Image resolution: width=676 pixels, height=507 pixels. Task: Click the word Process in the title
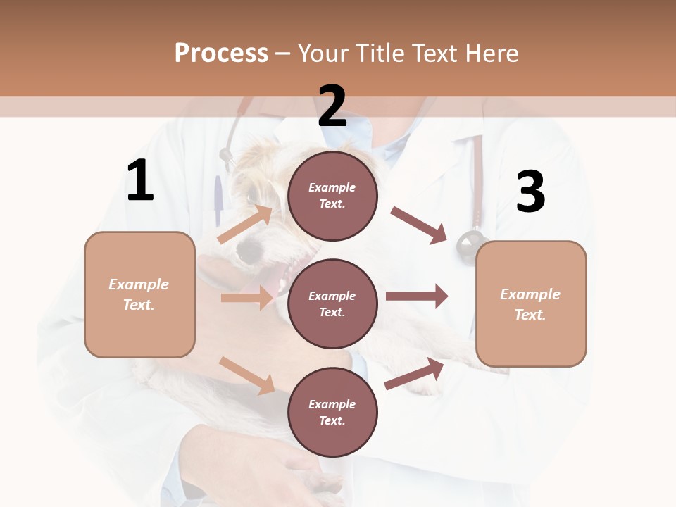click(x=221, y=53)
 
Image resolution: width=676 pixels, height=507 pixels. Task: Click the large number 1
click(x=140, y=181)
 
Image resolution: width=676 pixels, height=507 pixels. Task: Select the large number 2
click(x=332, y=106)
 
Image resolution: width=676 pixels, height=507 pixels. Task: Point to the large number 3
click(x=530, y=192)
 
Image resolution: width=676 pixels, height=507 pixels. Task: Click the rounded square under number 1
click(x=139, y=294)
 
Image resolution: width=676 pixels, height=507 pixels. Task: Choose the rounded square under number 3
click(x=531, y=303)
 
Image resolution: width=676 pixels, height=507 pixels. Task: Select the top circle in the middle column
click(x=332, y=196)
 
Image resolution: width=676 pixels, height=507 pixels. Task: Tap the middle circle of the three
click(x=332, y=303)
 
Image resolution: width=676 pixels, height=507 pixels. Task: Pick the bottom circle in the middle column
click(x=332, y=412)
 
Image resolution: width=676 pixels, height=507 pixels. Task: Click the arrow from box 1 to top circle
click(x=245, y=224)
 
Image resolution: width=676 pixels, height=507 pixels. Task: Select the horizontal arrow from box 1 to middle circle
click(x=246, y=298)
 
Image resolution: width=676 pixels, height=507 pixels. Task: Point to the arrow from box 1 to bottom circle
click(x=247, y=375)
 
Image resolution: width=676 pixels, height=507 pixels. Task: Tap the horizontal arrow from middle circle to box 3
click(x=416, y=296)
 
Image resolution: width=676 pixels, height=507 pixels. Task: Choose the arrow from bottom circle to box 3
click(x=415, y=374)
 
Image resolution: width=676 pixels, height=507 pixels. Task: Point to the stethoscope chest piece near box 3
click(x=468, y=246)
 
